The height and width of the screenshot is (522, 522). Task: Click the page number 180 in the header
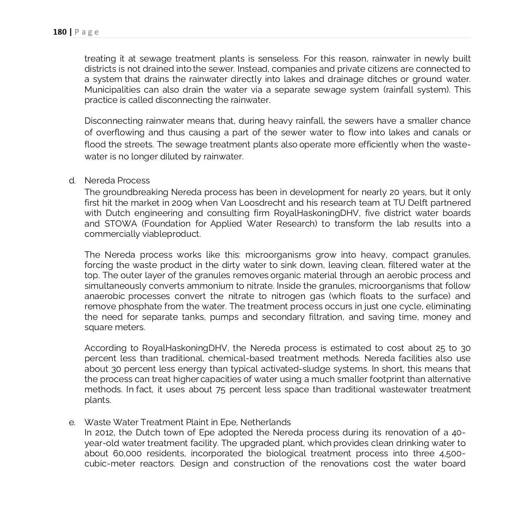tap(59, 32)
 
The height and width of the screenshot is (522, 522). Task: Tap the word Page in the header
tap(87, 32)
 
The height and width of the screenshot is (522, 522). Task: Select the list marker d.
tap(72, 181)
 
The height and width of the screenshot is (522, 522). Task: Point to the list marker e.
tap(72, 422)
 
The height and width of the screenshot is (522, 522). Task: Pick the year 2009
tap(182, 203)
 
